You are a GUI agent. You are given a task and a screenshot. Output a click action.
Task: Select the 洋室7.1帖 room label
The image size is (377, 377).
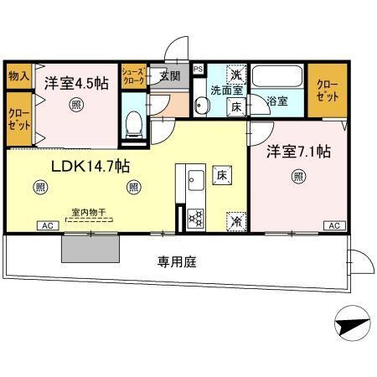298,152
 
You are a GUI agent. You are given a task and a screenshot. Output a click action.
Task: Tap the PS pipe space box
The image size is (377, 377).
198,70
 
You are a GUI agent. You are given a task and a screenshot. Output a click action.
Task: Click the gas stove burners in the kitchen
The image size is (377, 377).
195,217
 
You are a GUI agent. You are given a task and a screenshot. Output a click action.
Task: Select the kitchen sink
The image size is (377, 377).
195,179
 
